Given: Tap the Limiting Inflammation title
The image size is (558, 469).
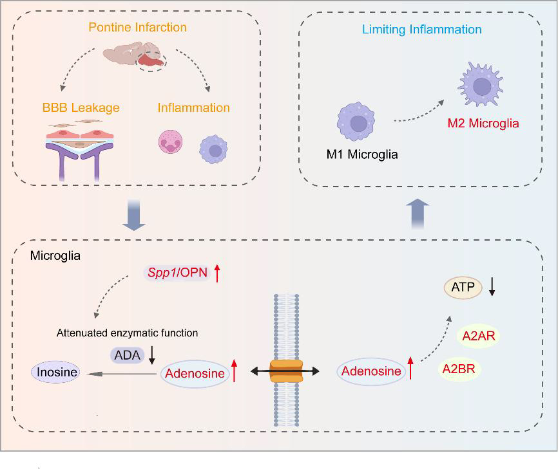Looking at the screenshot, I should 421,30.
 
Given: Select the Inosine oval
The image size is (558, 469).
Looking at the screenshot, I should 56,372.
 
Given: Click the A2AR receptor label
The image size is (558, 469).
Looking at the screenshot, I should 478,336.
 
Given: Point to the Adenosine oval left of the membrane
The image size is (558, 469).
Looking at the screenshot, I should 194,372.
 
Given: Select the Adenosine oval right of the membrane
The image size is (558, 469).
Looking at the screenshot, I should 370,371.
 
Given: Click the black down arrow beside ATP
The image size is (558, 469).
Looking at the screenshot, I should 492,288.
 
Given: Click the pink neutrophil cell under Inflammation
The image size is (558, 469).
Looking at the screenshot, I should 172,142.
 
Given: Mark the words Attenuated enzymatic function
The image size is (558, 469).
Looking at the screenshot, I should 127,333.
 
